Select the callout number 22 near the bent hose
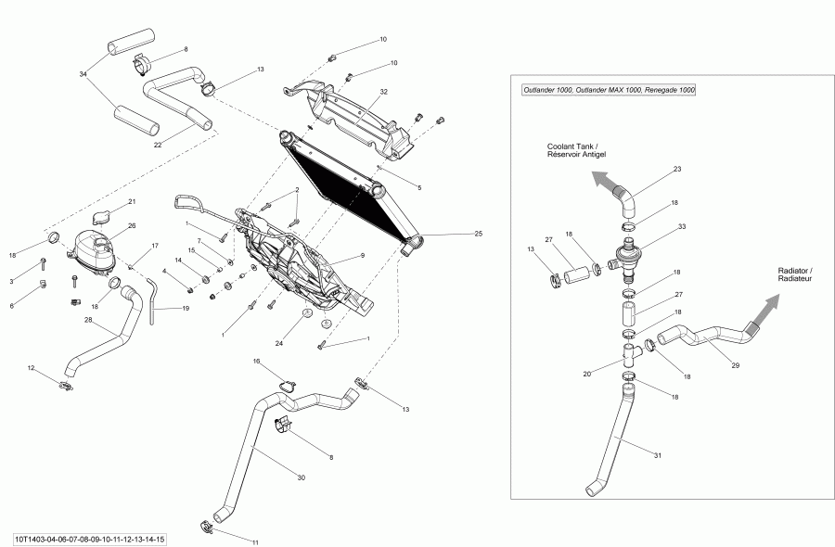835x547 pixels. (x=158, y=144)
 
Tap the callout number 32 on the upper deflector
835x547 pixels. (x=383, y=92)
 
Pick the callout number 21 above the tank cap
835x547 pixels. (x=132, y=201)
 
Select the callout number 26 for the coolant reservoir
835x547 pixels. (x=132, y=225)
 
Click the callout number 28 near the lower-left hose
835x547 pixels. (x=88, y=320)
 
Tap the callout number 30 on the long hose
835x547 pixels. (x=301, y=477)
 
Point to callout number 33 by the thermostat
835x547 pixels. (x=682, y=226)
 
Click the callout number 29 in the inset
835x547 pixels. (x=736, y=366)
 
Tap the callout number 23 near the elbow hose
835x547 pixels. (x=677, y=169)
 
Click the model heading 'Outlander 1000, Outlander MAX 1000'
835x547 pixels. (x=609, y=90)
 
